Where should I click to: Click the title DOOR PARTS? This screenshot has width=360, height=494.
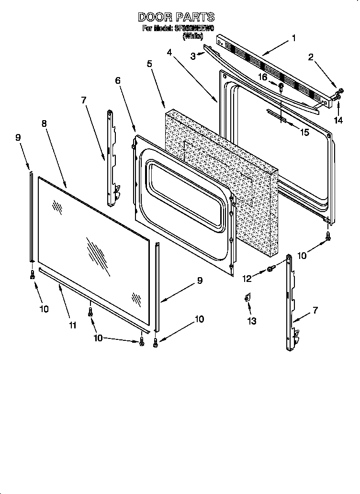click(177, 17)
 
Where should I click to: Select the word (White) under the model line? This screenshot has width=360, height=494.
click(193, 36)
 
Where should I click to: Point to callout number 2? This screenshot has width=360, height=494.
click(311, 57)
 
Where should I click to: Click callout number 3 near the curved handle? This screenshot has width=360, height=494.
click(193, 56)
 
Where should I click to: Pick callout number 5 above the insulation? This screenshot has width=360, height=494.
click(149, 63)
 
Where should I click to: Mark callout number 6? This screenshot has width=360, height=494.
click(118, 81)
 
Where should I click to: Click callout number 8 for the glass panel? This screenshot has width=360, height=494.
click(44, 123)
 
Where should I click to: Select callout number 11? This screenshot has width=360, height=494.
click(72, 326)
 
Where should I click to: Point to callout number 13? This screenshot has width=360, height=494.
click(252, 321)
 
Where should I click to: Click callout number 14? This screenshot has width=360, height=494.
click(338, 120)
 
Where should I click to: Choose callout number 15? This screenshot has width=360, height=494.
click(304, 133)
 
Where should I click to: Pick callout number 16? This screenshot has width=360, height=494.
click(263, 77)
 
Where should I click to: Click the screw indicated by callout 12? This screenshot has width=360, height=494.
click(270, 269)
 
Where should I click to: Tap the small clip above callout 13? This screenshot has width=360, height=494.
click(247, 299)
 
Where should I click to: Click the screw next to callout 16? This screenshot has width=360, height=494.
click(281, 88)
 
